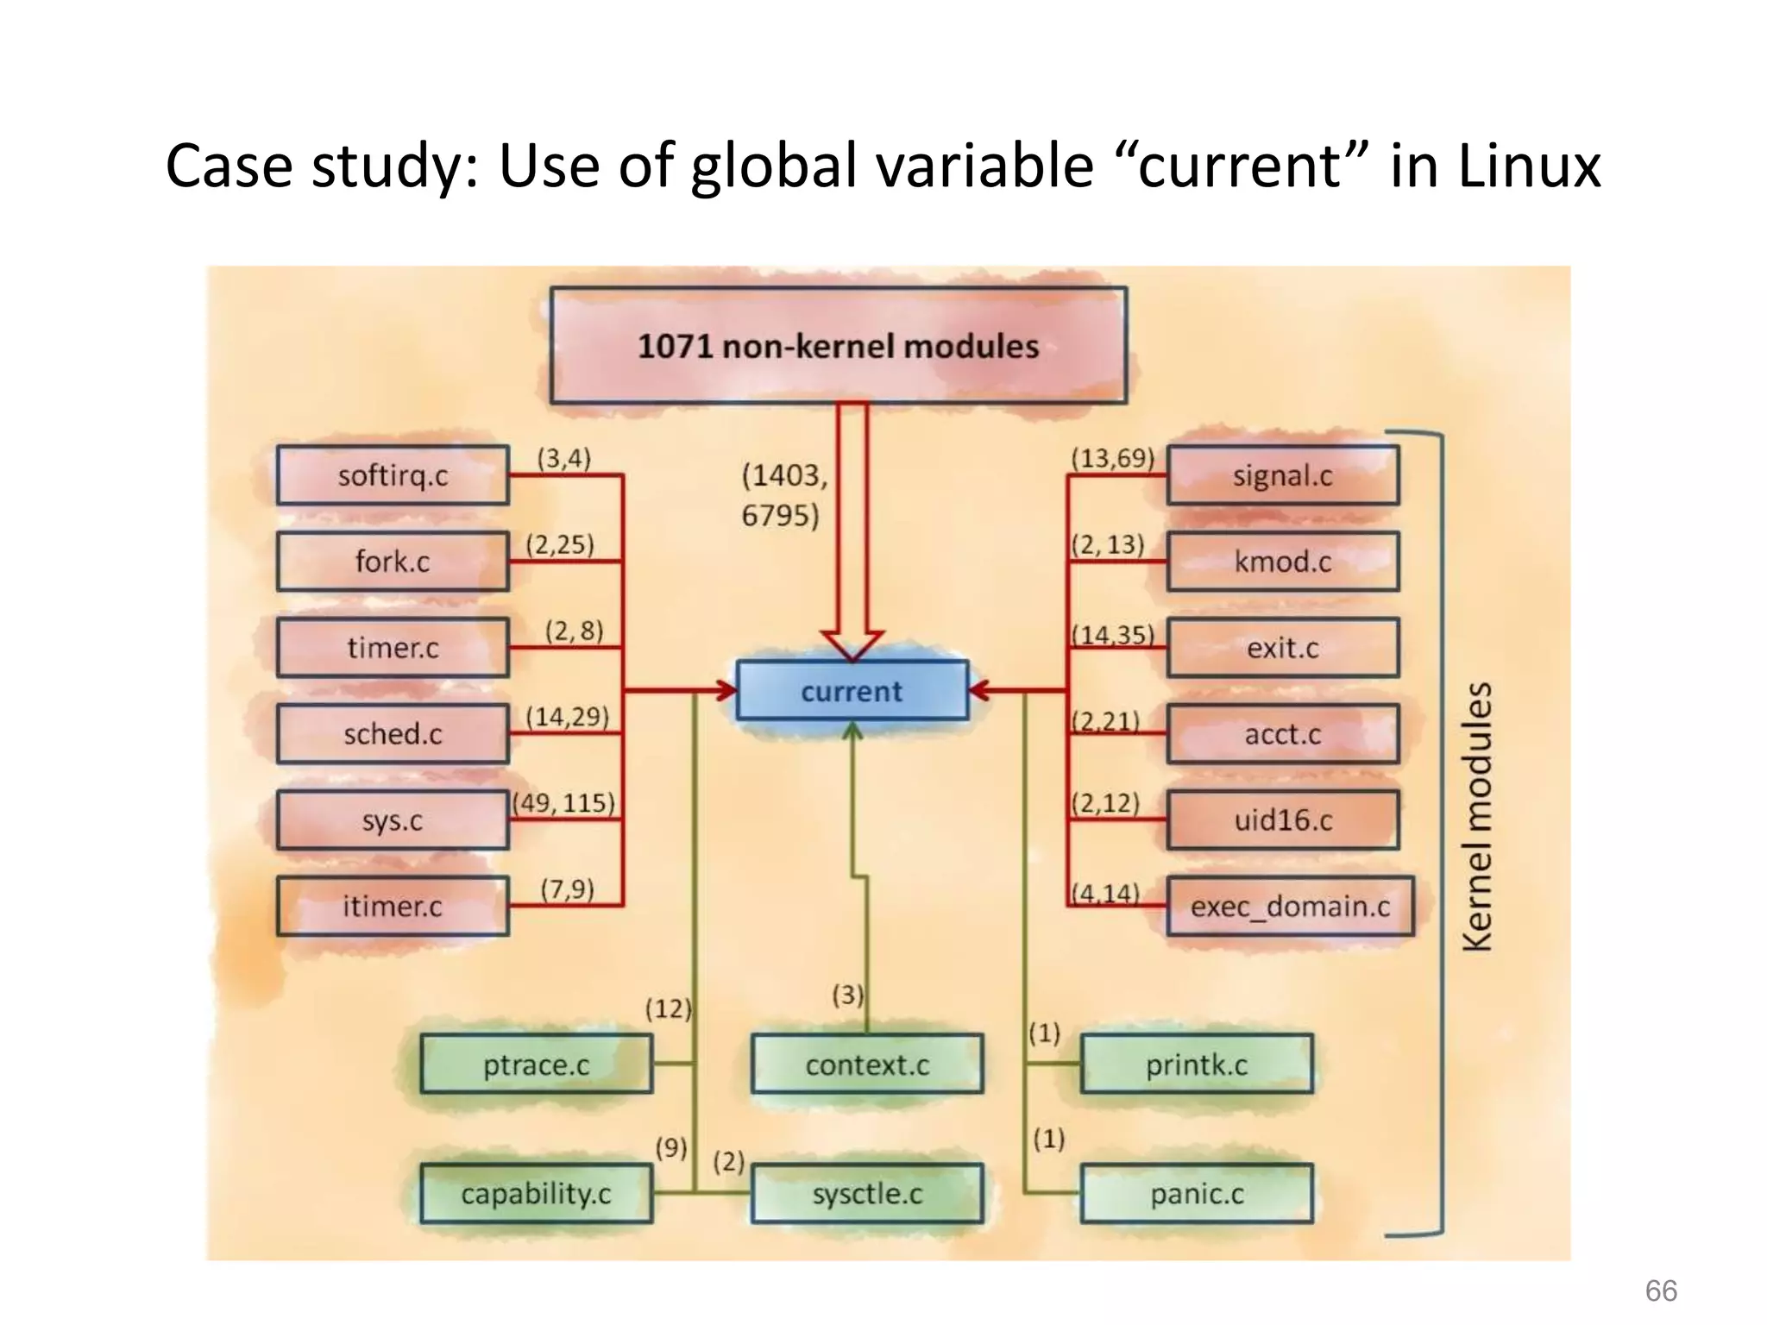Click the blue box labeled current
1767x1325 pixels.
click(852, 691)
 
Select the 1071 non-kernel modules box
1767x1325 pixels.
click(838, 346)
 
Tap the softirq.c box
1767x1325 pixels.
click(393, 475)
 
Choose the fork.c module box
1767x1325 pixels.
click(393, 562)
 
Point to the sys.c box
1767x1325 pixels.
click(393, 820)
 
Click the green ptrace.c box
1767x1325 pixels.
click(536, 1065)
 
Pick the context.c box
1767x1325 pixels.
click(867, 1065)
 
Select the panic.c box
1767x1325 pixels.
click(1197, 1195)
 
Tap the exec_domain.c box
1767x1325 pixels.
click(1290, 907)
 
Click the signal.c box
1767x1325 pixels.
click(1283, 475)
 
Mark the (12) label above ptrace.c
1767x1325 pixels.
click(669, 1008)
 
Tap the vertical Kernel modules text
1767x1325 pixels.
click(1478, 816)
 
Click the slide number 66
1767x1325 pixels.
click(1661, 1291)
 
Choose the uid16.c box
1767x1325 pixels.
click(1283, 820)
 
